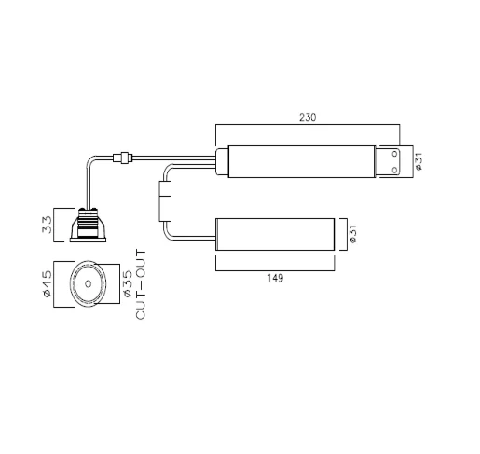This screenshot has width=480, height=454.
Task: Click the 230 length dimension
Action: [309, 117]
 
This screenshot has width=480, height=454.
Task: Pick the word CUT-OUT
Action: [142, 283]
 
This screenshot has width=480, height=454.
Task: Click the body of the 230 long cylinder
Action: [298, 162]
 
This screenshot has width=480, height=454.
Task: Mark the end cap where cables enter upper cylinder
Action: [221, 162]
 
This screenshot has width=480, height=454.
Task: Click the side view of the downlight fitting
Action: [89, 226]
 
